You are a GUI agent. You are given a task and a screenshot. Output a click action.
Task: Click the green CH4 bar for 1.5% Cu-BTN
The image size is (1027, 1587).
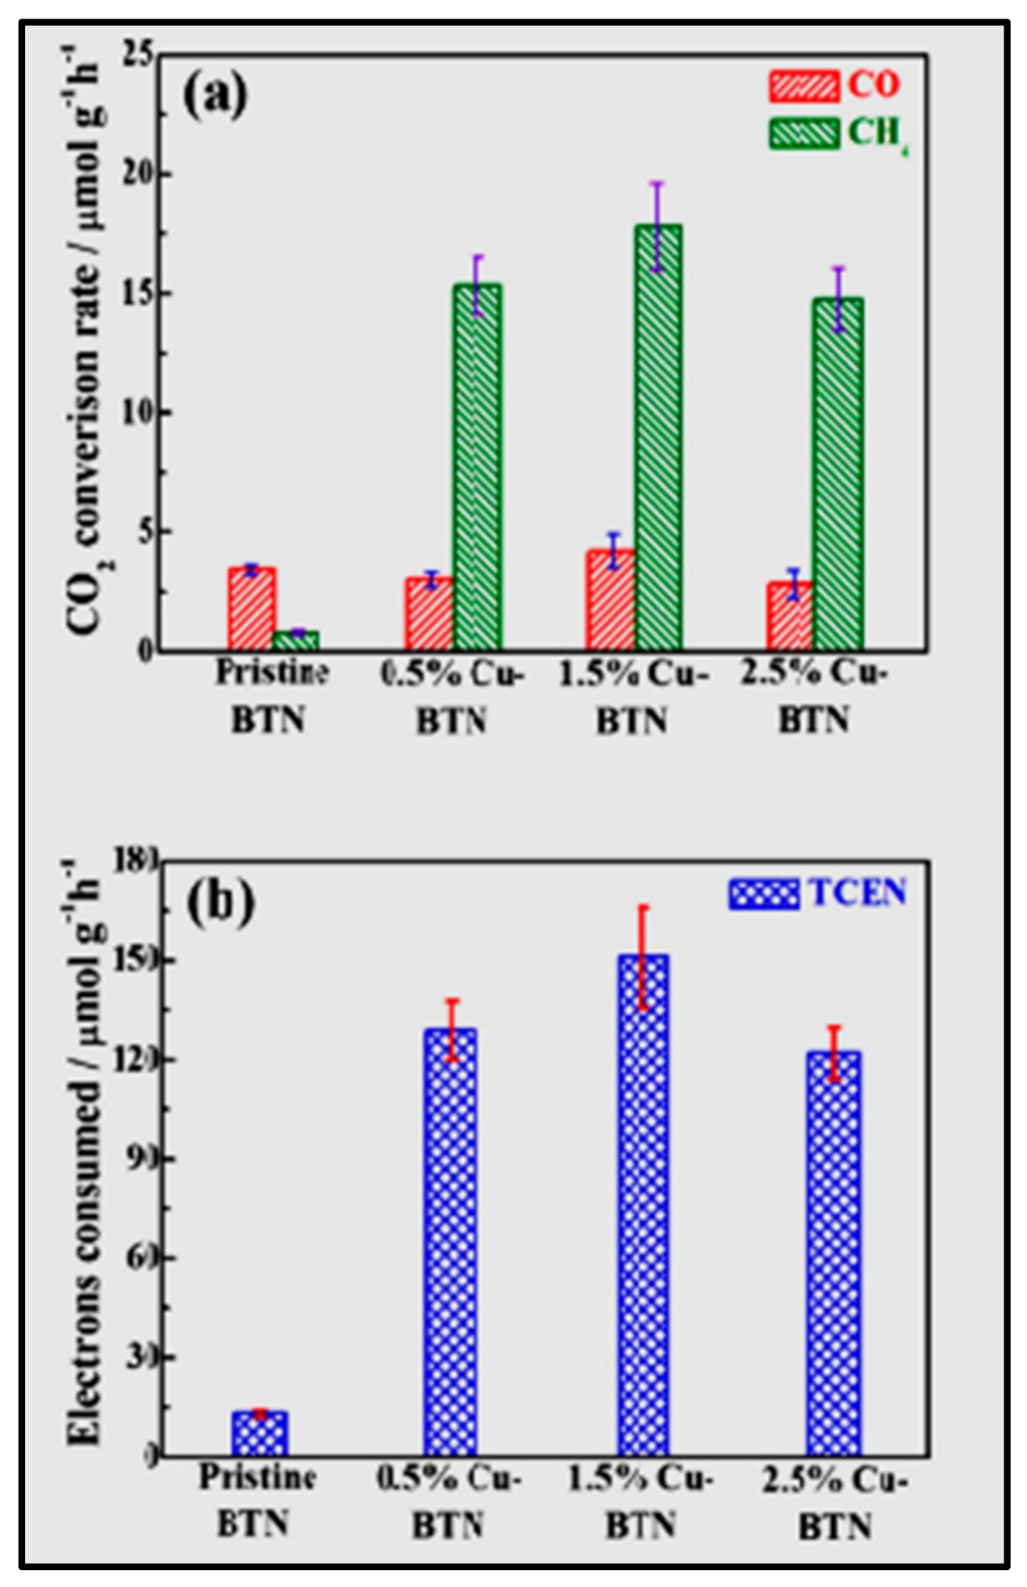[658, 437]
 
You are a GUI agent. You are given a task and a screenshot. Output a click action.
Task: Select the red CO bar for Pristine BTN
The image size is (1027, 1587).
[252, 608]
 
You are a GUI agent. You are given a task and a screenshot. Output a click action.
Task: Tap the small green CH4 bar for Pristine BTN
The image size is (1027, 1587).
[296, 640]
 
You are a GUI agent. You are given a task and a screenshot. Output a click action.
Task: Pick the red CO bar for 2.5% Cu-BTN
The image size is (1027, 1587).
[789, 615]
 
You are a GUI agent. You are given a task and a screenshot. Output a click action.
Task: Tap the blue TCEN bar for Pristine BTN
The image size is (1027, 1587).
[260, 1434]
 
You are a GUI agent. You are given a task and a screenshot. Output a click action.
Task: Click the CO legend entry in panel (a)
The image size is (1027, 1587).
[832, 85]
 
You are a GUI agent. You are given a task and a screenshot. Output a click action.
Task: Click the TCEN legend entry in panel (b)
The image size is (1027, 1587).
[815, 893]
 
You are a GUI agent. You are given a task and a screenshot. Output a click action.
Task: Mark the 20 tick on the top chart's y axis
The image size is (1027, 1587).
[140, 174]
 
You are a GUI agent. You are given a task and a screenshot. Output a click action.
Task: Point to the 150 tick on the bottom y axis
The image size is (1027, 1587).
[139, 960]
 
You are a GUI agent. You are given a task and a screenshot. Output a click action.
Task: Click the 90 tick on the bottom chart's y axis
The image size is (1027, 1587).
[142, 1158]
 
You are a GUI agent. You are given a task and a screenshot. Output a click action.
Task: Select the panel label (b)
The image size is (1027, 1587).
[220, 902]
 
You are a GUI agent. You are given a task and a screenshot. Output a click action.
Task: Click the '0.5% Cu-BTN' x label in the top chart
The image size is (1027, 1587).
[452, 695]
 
